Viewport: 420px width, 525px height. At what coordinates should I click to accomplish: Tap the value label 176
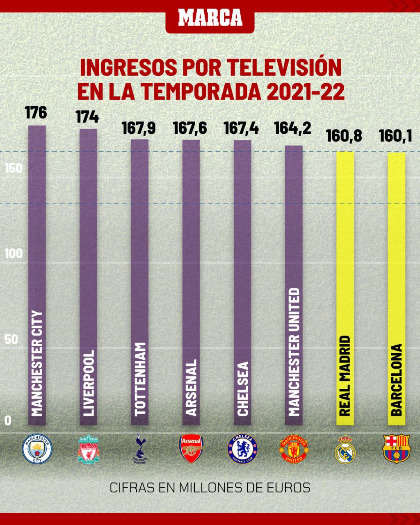point(36,112)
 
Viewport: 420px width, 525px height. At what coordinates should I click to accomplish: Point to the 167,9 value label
point(139,128)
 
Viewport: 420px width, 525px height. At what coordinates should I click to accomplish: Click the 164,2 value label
point(293,128)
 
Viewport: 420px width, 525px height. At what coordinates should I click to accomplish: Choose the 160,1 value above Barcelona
point(395,135)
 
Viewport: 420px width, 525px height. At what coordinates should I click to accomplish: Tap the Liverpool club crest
point(89,450)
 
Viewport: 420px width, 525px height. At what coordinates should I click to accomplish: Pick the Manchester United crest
point(294,450)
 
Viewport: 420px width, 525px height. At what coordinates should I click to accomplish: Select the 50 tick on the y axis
point(12,340)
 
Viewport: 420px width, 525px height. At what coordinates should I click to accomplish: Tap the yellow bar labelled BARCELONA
point(397,287)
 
